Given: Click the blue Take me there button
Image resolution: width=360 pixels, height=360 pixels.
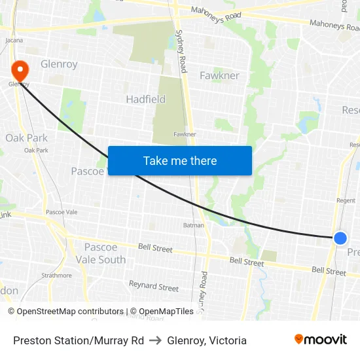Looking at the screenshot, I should coord(180,160).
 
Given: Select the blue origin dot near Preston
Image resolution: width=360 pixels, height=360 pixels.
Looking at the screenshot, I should coord(340,238).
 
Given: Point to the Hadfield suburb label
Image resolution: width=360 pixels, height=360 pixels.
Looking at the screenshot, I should coord(145,99).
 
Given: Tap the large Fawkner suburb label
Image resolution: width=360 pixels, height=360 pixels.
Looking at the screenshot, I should coord(219,75).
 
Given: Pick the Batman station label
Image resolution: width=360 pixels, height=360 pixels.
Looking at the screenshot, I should coord(193,225).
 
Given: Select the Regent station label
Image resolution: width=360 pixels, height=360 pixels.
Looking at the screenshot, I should coord(345,200).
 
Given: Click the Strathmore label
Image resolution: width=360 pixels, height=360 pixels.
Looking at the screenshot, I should coord(56,276).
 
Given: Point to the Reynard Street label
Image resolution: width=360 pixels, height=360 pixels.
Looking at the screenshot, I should coord(153,287).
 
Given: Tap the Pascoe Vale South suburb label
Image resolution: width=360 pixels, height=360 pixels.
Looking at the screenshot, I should coord(105,253).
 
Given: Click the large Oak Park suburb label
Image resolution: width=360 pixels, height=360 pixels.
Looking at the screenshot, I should coord(26,138).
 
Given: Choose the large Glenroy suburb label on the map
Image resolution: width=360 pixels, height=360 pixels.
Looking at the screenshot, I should coord(59,64).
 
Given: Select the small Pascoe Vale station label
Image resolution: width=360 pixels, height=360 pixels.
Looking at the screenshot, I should coord(62,213).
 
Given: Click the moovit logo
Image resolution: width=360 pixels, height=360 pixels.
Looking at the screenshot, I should coord(321,339).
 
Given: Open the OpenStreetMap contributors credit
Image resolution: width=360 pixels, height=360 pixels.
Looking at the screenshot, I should coord(65,312).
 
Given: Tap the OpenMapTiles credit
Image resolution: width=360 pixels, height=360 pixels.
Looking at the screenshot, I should coord(162,312).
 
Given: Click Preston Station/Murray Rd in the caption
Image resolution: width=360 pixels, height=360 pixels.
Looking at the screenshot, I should coord(79,340).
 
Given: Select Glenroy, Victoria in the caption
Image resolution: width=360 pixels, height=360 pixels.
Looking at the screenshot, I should coord(207,340).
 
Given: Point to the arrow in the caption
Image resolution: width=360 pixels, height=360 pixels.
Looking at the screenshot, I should coord(155,340).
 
